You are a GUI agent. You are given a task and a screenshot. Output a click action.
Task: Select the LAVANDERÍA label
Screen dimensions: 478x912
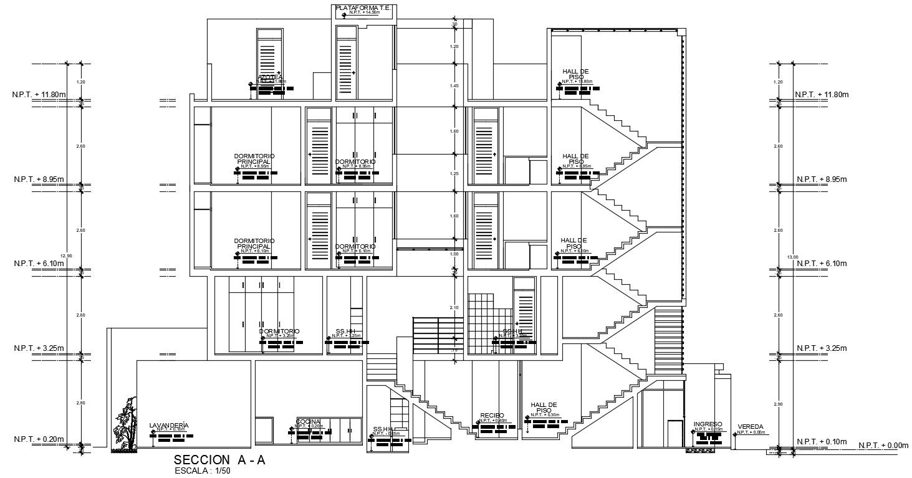(169, 425)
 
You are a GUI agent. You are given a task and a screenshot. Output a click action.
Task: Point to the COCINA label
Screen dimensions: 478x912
(308, 422)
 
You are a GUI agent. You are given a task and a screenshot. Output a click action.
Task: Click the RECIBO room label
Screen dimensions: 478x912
(492, 415)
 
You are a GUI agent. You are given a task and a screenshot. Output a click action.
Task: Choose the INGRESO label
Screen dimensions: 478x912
(708, 424)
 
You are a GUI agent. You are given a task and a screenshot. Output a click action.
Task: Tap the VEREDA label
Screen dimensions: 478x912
(750, 427)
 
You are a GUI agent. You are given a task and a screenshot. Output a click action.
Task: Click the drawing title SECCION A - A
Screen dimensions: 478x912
(219, 460)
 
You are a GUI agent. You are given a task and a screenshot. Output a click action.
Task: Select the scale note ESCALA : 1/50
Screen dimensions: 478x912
(203, 471)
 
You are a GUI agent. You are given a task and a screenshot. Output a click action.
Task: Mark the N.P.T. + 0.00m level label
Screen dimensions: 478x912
(883, 445)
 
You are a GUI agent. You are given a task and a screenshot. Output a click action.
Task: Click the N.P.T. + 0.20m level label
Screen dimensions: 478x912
(39, 439)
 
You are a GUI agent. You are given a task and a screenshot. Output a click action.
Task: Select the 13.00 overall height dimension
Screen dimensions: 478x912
(793, 256)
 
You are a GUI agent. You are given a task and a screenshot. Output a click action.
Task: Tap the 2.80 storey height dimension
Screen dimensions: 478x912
(80, 403)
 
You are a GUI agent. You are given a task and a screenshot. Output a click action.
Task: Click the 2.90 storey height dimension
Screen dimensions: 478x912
(778, 405)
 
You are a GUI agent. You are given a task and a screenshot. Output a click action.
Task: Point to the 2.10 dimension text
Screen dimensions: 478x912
(454, 308)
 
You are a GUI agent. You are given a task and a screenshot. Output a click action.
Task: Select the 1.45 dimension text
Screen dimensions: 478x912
(454, 85)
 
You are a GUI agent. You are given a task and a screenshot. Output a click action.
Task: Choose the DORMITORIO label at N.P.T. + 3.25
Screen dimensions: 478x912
(279, 331)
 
